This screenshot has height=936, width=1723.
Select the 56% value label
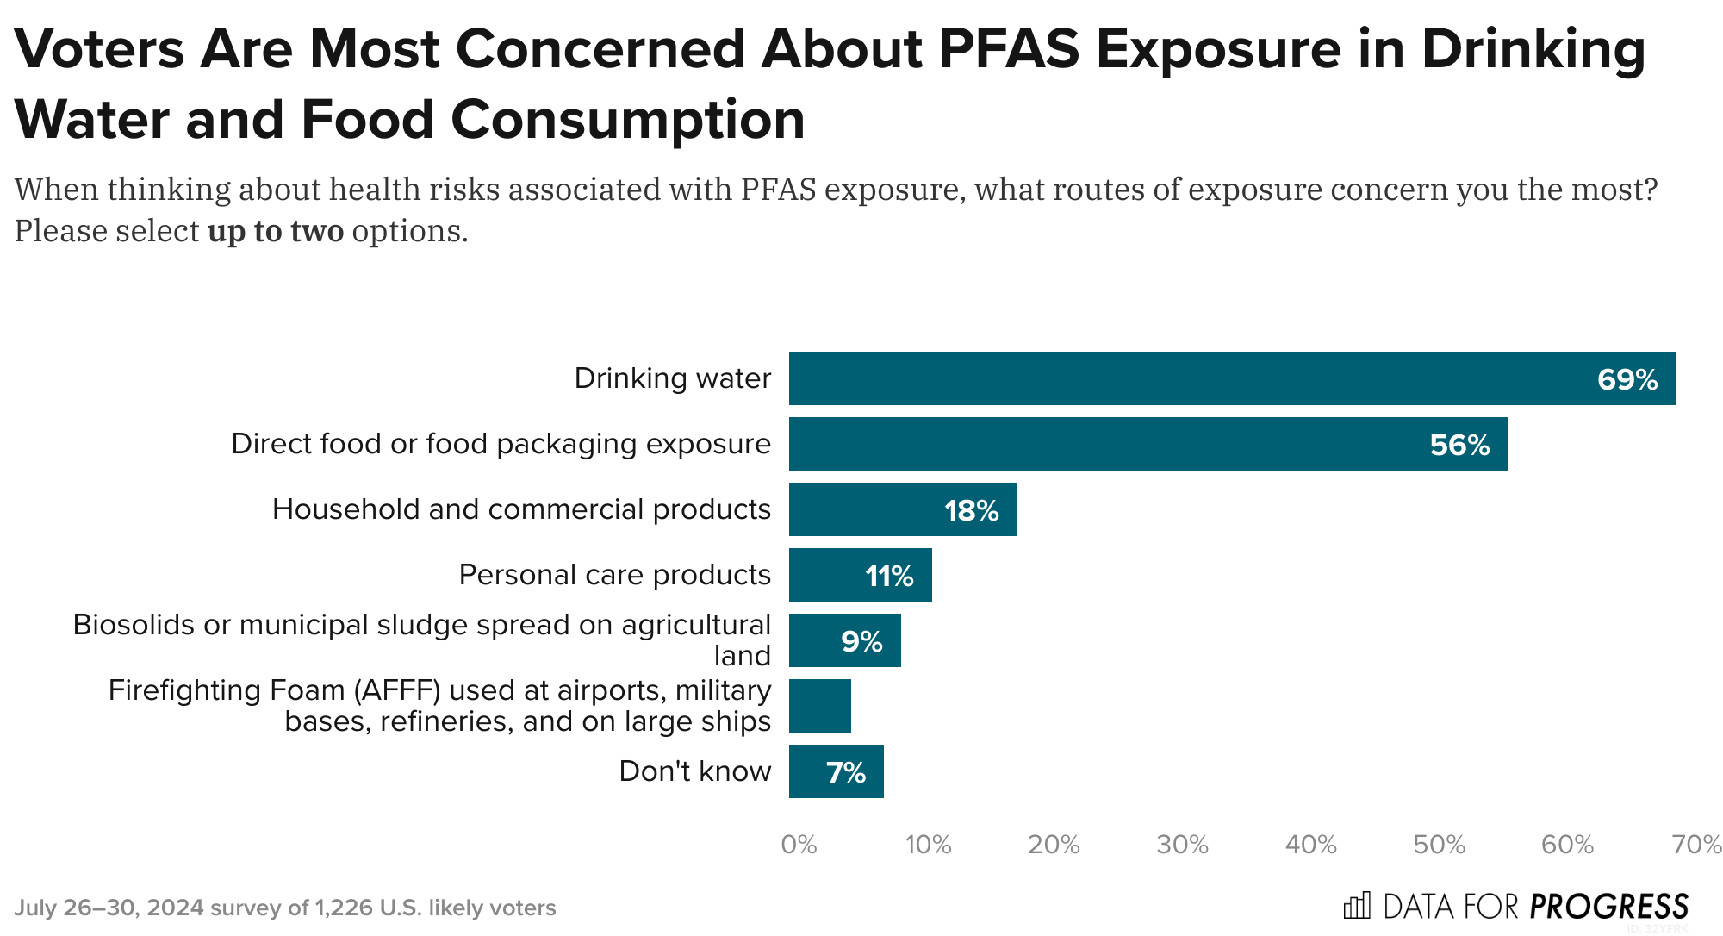coord(1459,445)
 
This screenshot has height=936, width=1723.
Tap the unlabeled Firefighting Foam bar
coord(819,706)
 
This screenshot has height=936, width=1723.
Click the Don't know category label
coord(694,771)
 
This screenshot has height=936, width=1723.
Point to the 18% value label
coord(971,510)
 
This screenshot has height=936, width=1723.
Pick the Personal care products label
coord(614,575)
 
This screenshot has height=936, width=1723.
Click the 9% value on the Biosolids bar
coord(861,641)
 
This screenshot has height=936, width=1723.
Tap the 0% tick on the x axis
coord(799,845)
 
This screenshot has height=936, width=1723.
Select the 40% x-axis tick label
coord(1310,845)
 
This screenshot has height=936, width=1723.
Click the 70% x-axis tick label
coord(1696,845)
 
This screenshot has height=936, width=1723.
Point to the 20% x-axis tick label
coord(1054,845)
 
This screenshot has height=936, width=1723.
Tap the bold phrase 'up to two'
coord(276,231)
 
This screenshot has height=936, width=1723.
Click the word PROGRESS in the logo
coord(1608,907)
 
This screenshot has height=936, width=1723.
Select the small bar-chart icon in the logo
coord(1357,906)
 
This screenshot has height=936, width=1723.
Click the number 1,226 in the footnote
coord(344,908)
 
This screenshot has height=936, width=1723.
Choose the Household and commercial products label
coord(521,509)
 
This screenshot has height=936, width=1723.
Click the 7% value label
coord(845,772)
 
